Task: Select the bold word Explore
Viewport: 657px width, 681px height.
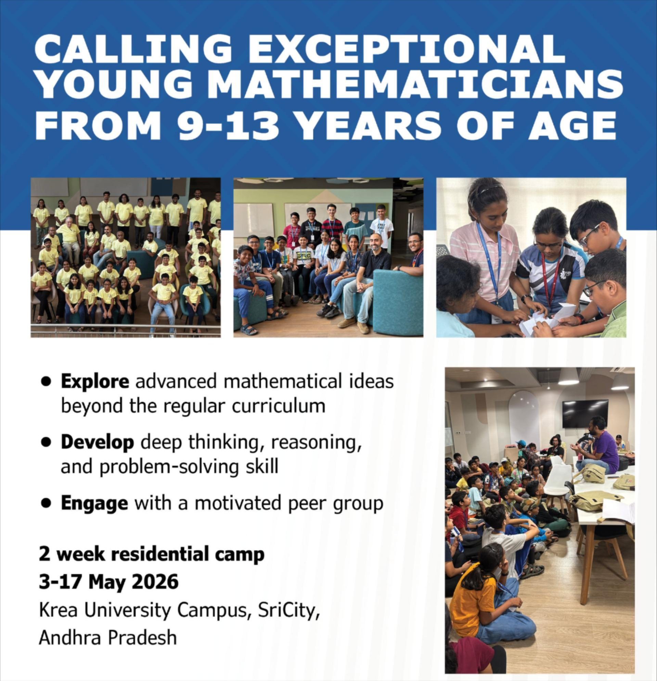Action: [95, 381]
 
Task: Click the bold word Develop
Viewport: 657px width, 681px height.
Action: [97, 443]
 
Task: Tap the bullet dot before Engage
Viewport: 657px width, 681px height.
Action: [46, 503]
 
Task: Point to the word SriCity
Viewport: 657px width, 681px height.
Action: [289, 611]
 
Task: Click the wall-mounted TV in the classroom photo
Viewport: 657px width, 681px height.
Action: [585, 414]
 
